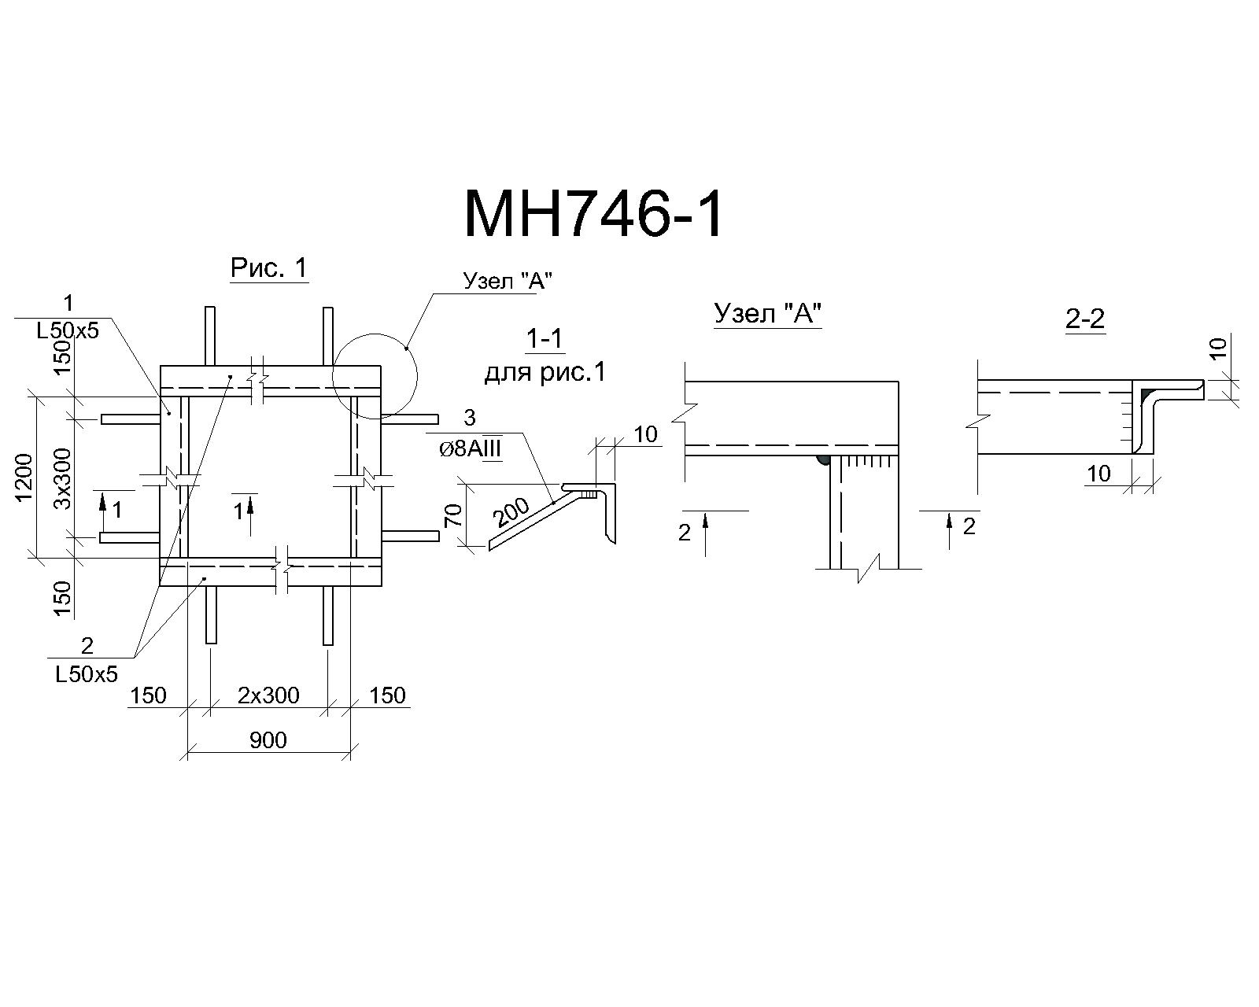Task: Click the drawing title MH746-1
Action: click(593, 214)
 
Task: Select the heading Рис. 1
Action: click(269, 268)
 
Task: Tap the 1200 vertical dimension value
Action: click(24, 478)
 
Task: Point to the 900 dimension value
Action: click(268, 741)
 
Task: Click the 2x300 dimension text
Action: click(268, 695)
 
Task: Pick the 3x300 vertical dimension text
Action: click(63, 478)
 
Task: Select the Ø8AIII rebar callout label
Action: click(470, 449)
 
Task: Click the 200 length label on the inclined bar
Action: click(511, 513)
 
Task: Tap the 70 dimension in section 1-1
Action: click(454, 516)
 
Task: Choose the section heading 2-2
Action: click(1085, 319)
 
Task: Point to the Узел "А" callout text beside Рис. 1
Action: click(508, 282)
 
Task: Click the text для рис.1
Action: click(545, 372)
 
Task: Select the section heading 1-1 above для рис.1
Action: click(545, 339)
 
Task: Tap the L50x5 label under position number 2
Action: click(87, 675)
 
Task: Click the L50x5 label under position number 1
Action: click(68, 331)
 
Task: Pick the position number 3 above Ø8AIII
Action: click(470, 418)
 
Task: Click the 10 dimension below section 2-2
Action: click(1098, 474)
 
